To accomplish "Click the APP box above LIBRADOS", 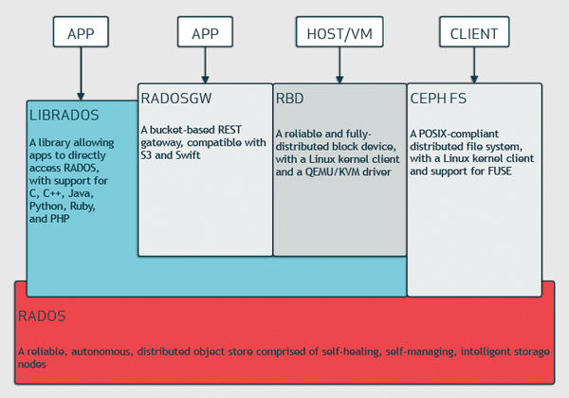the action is coord(81,32).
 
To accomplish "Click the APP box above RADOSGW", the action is coord(205,32).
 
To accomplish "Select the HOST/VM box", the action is coord(340,32).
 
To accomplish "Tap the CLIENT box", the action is coord(474,32).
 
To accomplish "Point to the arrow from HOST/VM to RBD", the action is coord(340,65).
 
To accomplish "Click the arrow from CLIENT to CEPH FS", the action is coord(474,65).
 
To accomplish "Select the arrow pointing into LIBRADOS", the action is coord(81,74).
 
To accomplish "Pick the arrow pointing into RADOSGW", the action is coord(205,65).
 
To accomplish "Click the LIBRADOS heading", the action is coord(64,116).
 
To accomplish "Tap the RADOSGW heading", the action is coord(176,99).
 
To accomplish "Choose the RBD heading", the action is coord(289,99).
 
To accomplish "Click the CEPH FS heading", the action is coord(438,99).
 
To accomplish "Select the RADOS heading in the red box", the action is coord(42,317).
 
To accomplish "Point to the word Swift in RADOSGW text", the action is coord(188,155).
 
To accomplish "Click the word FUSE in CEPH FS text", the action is coord(500,172).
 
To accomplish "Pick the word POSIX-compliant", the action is coord(459,134).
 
